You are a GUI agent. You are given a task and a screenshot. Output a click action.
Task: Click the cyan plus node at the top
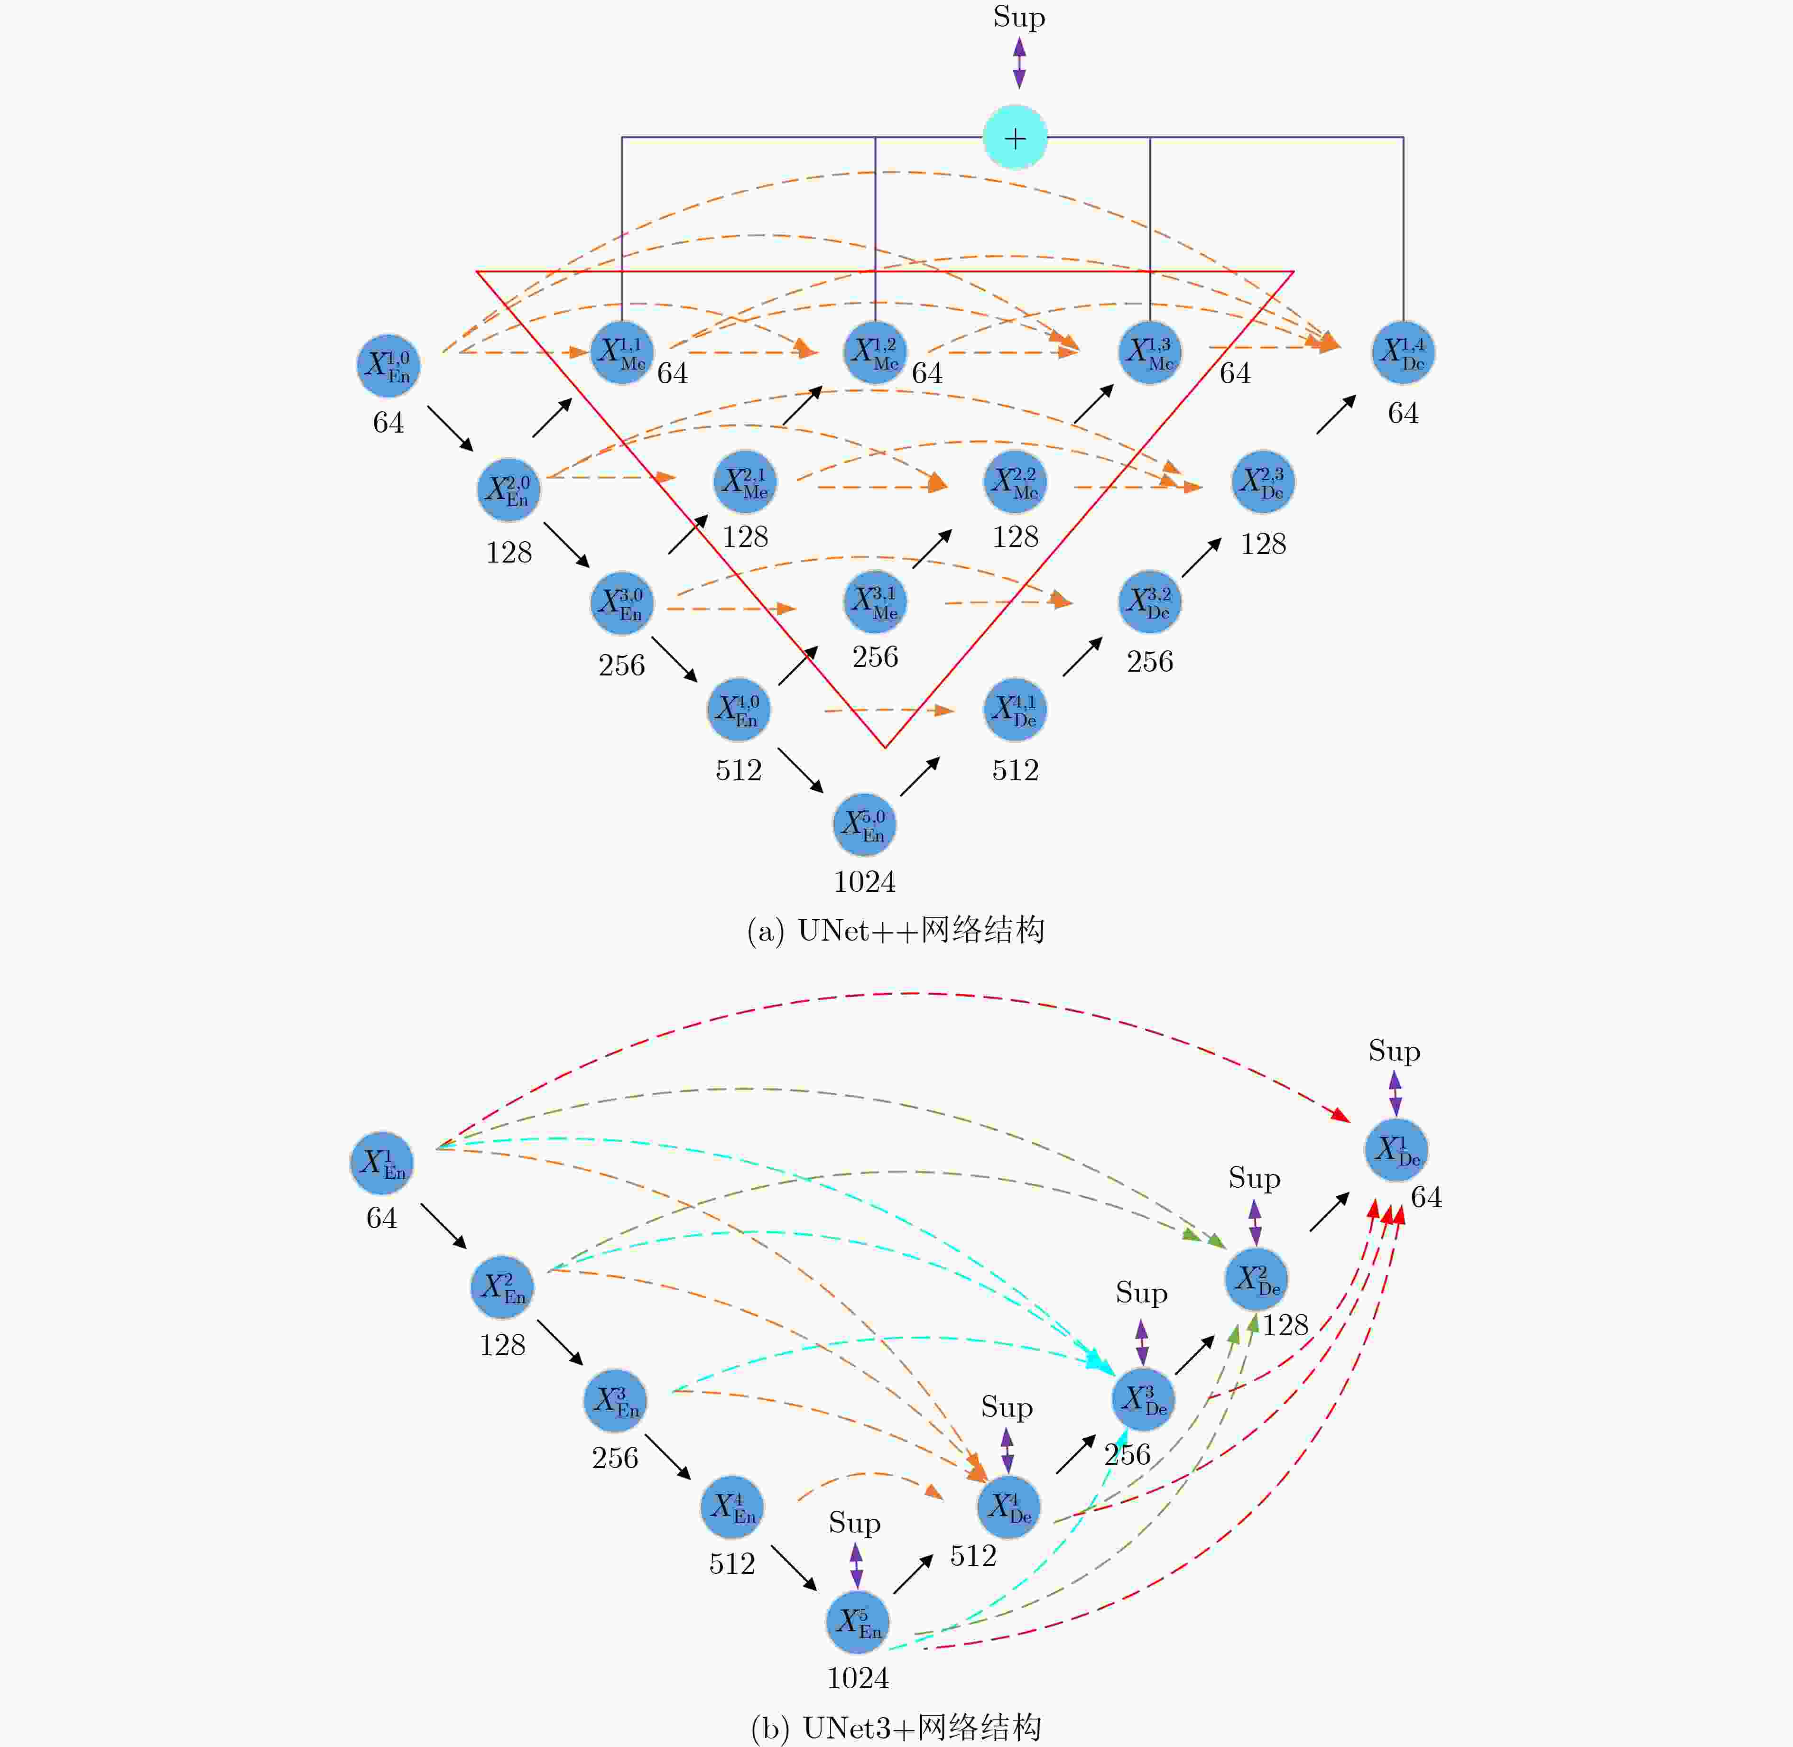(x=1015, y=138)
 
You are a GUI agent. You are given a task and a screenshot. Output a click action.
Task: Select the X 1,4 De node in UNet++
(x=1403, y=352)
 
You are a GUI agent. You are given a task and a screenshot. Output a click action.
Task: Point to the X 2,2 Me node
(x=1015, y=482)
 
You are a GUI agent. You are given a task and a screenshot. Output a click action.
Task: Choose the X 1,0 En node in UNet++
(x=388, y=365)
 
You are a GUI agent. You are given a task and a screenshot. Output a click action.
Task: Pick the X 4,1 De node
(x=1015, y=709)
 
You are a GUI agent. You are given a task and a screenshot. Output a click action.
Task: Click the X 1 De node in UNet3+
(x=1396, y=1150)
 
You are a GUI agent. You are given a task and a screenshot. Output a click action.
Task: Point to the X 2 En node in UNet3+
(x=502, y=1287)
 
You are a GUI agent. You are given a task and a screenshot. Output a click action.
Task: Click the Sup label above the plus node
(x=1018, y=18)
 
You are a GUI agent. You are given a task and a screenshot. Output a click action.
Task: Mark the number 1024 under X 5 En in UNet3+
(x=858, y=1678)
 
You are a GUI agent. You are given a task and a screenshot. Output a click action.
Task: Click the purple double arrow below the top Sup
(x=1018, y=63)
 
